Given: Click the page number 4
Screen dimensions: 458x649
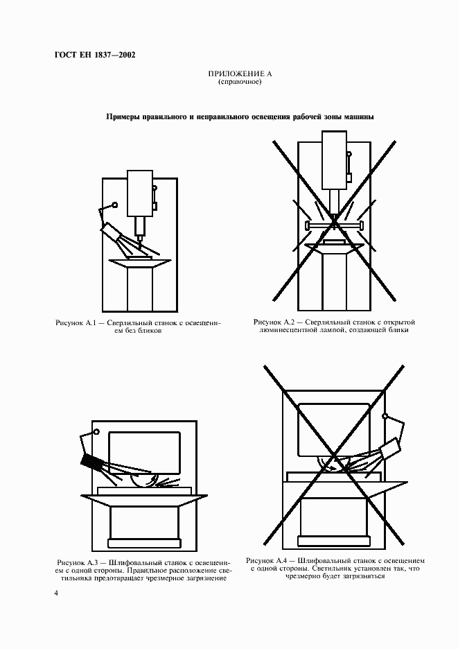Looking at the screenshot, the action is pyautogui.click(x=56, y=594).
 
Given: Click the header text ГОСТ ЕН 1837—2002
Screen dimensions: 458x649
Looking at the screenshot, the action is pyautogui.click(x=95, y=55).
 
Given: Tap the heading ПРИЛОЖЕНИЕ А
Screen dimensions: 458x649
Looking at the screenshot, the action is pyautogui.click(x=240, y=74).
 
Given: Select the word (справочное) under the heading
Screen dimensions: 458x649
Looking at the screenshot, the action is pyautogui.click(x=240, y=83).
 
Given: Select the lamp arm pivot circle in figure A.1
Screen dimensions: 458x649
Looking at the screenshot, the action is pyautogui.click(x=114, y=205).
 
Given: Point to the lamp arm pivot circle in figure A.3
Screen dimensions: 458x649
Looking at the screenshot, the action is pyautogui.click(x=96, y=432).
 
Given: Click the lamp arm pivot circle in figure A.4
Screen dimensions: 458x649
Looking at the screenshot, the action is pyautogui.click(x=385, y=416).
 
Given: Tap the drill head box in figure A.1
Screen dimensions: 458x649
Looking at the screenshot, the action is pyautogui.click(x=140, y=193).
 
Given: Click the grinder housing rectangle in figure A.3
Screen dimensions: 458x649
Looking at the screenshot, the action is pyautogui.click(x=144, y=452).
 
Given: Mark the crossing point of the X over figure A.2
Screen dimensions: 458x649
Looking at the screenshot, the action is pyautogui.click(x=334, y=220).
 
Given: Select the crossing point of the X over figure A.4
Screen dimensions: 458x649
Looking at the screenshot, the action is pyautogui.click(x=334, y=456).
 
